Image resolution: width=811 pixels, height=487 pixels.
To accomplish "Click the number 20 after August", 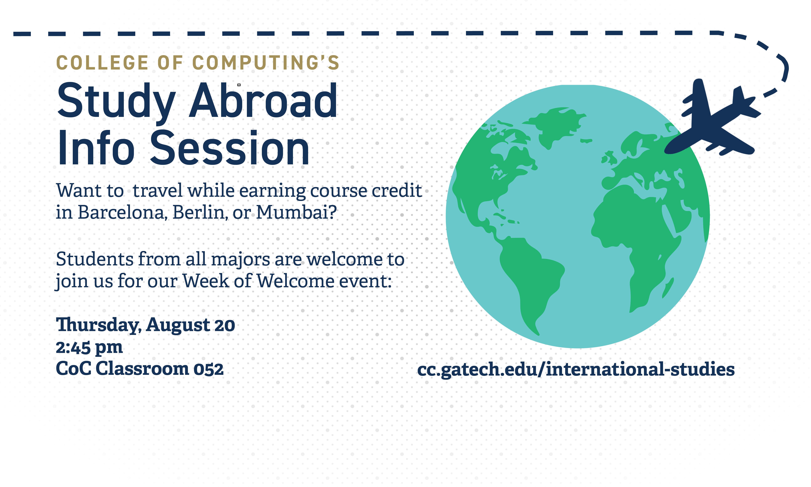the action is [225, 326].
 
